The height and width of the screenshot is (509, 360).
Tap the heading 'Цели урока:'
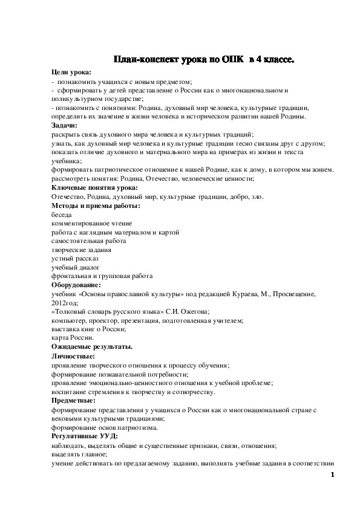click(71, 72)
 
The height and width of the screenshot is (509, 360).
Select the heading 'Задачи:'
click(65, 125)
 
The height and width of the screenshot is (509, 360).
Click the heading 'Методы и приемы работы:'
click(96, 206)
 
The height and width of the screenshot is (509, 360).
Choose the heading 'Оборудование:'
click(77, 284)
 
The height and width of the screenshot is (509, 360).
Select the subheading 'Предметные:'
click(73, 400)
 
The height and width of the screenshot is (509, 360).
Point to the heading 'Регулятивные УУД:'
click(85, 436)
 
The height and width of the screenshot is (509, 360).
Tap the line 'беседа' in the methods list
click(62, 215)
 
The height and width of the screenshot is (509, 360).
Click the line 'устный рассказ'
click(75, 258)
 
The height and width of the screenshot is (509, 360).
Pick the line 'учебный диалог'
click(76, 267)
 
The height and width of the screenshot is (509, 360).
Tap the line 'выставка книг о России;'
click(89, 328)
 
